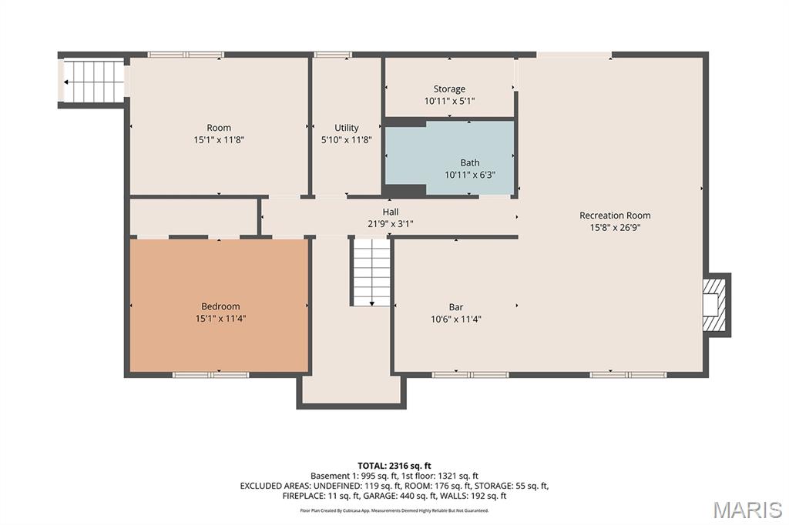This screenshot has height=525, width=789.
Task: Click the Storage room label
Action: click(449, 89)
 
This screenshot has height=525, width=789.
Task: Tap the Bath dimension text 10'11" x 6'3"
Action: click(470, 175)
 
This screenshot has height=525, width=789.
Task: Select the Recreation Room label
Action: click(615, 216)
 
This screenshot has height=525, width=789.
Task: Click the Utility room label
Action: click(347, 128)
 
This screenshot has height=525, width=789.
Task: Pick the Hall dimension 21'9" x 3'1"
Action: click(391, 224)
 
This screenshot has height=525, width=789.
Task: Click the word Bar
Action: click(456, 306)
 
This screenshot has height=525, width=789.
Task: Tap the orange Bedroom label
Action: click(220, 306)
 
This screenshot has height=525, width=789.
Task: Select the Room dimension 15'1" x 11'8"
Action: click(219, 140)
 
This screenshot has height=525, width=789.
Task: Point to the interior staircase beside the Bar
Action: click(371, 272)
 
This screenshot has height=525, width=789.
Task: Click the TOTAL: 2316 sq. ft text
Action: click(394, 466)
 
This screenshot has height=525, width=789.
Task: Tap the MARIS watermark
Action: click(747, 510)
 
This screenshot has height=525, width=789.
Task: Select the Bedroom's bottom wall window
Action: click(211, 375)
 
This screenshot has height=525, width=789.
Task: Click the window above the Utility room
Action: click(333, 55)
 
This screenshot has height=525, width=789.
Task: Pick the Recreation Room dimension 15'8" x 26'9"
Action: click(615, 227)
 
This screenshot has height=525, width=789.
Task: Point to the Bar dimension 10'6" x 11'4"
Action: click(456, 319)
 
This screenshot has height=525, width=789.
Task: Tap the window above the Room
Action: click(186, 55)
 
